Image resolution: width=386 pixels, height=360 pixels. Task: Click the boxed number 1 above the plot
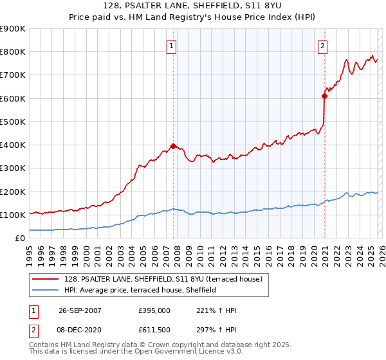pyautogui.click(x=172, y=46)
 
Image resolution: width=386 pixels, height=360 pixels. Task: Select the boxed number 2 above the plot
pyautogui.click(x=322, y=46)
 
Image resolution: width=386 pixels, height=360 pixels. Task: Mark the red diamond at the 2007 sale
pyautogui.click(x=173, y=146)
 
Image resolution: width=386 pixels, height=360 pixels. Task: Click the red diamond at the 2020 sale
pyautogui.click(x=324, y=96)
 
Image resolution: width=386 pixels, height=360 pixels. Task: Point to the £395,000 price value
pyautogui.click(x=154, y=310)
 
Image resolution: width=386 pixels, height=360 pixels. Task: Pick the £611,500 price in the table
pyautogui.click(x=154, y=331)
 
